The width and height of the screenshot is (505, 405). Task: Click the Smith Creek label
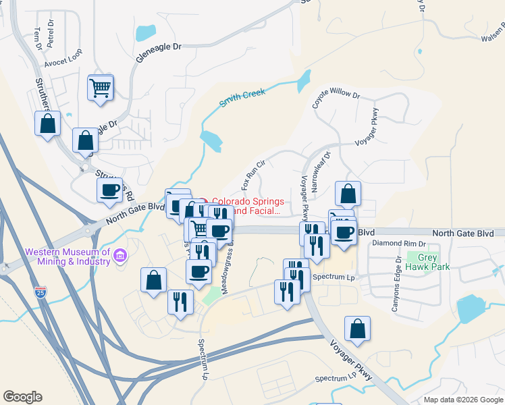tap(242, 98)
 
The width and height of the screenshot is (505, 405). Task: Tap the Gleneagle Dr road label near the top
tap(159, 53)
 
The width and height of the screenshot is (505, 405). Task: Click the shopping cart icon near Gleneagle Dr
tap(100, 88)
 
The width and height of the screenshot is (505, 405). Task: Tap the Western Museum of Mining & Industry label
tap(68, 256)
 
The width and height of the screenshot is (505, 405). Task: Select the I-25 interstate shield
tap(41, 292)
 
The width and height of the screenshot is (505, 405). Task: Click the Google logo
tap(22, 397)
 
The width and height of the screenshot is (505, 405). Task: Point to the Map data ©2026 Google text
tap(462, 400)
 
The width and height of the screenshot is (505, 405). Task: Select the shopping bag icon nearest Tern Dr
tap(47, 124)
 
